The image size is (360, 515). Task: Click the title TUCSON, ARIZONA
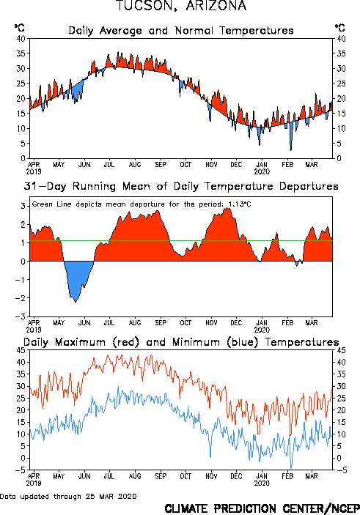tap(181, 6)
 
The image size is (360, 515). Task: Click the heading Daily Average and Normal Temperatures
tap(181, 31)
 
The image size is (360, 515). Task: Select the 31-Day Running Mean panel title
tap(181, 186)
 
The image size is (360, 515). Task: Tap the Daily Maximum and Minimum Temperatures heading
tap(181, 342)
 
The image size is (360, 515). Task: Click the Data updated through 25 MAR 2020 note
tap(68, 496)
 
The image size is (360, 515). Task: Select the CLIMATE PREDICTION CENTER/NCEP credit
tap(262, 508)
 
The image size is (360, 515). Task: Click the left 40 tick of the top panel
tap(21, 39)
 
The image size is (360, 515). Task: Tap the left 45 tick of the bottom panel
tap(21, 350)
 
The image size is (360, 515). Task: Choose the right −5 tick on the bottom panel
tap(341, 470)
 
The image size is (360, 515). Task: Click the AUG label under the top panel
tap(135, 165)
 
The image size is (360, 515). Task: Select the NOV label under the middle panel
tap(211, 323)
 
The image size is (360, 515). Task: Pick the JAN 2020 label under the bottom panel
tap(262, 480)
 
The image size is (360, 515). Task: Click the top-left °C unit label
tap(20, 28)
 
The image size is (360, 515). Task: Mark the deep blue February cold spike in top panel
tap(291, 149)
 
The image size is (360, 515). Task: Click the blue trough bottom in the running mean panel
tap(76, 302)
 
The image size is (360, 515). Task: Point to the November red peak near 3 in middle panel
tap(227, 209)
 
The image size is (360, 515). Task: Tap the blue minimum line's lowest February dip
tap(290, 467)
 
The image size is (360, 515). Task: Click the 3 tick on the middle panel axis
tap(23, 207)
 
